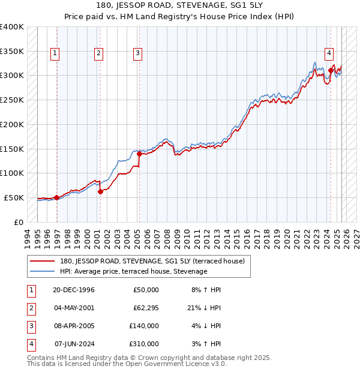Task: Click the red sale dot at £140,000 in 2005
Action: pos(139,154)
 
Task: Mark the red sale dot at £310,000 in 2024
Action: pos(331,71)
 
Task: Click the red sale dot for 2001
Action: pos(100,191)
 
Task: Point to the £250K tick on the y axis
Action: pos(12,100)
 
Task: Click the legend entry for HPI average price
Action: pos(133,271)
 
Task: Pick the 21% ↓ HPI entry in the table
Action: pos(203,308)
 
